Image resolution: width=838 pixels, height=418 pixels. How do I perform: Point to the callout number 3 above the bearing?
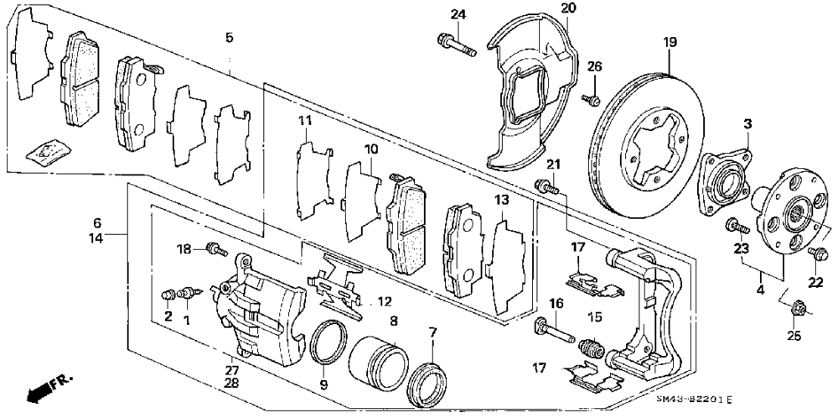pyautogui.click(x=745, y=123)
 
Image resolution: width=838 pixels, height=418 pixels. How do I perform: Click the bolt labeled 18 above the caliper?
pyautogui.click(x=216, y=248)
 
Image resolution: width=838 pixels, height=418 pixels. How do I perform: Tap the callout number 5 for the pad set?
pyautogui.click(x=229, y=37)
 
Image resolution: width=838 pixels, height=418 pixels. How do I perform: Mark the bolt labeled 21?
pyautogui.click(x=546, y=185)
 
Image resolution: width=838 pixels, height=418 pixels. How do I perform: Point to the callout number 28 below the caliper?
pyautogui.click(x=231, y=383)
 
